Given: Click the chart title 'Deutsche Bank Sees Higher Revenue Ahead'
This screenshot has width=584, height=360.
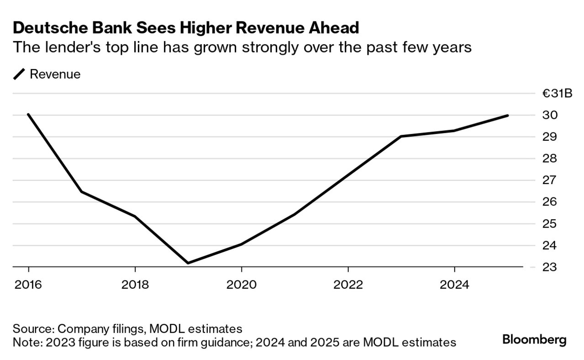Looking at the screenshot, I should (186, 28).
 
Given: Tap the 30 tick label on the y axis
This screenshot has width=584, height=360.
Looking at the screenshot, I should (550, 115).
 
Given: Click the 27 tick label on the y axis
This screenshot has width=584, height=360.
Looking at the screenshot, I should (550, 180).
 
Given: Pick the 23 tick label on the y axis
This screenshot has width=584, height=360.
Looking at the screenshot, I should (550, 267).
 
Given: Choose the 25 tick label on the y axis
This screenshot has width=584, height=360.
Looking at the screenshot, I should (550, 224).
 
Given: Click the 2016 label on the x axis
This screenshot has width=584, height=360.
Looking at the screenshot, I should (28, 285).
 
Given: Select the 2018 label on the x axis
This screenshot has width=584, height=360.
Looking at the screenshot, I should (135, 285).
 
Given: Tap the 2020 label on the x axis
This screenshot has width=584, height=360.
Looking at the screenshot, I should (241, 285).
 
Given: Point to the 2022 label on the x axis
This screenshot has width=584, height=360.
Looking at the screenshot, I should (348, 285).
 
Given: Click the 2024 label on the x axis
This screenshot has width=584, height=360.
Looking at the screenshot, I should (454, 285).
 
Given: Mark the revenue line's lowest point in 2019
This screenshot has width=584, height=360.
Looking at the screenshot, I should (188, 263).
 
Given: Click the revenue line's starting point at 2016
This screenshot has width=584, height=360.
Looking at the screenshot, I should (28, 114).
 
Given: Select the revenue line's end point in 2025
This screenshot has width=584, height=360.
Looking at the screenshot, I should (507, 116).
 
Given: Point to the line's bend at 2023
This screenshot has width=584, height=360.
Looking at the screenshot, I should (401, 136).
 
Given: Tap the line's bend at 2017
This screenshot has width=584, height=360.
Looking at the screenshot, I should (82, 191).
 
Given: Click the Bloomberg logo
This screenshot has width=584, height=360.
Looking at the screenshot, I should (534, 340).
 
